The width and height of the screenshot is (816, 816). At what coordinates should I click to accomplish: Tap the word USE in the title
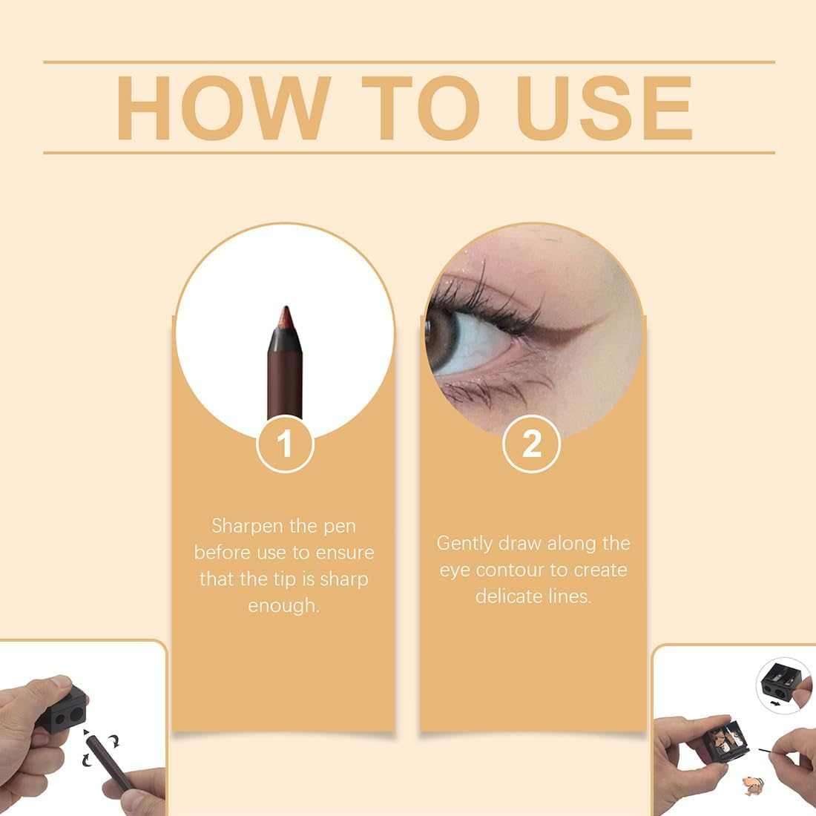(605, 108)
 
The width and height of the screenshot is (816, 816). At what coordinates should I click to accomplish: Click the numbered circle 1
(285, 444)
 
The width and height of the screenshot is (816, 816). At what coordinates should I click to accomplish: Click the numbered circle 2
(531, 444)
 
